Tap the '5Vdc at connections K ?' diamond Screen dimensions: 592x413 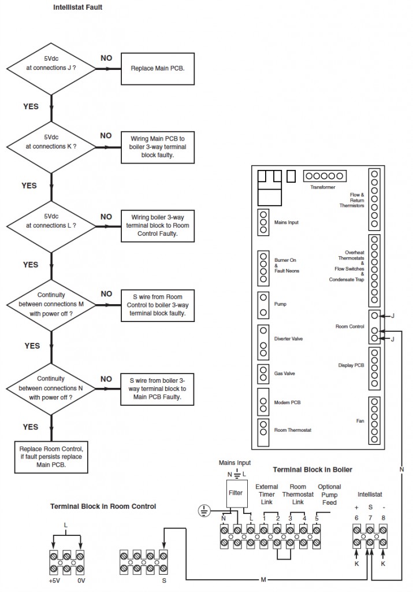point(51,146)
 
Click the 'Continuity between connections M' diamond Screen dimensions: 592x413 point(51,304)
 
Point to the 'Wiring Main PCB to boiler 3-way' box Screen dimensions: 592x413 point(157,146)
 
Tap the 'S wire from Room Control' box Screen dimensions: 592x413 point(157,304)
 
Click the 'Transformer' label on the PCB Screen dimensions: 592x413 point(322,187)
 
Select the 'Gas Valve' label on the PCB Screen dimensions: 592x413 point(285,373)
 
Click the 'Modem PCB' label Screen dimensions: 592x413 point(287,402)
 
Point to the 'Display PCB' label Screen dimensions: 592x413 point(351,365)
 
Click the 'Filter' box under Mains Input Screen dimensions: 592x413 point(236,493)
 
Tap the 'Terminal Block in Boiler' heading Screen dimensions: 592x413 point(312,469)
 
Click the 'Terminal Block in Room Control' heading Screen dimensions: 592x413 point(103,506)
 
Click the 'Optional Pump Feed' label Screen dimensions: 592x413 point(329,495)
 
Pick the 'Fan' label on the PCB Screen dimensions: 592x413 point(360,421)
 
